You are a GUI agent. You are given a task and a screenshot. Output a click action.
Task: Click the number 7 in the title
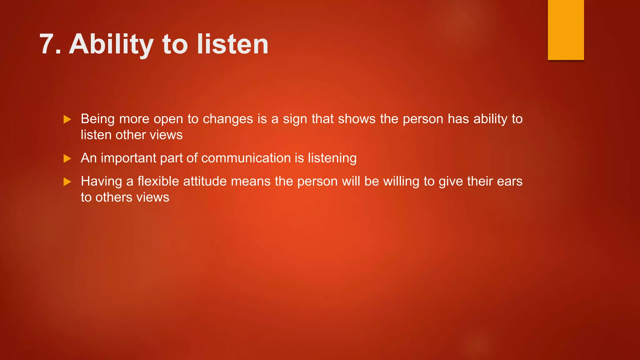tap(47, 44)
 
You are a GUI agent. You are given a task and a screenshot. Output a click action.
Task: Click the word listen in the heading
tap(232, 44)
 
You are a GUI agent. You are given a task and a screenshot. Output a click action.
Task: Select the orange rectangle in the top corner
tap(566, 30)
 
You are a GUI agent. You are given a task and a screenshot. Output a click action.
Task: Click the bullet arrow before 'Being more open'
tap(67, 119)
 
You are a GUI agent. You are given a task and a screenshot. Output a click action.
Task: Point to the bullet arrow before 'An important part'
tap(67, 158)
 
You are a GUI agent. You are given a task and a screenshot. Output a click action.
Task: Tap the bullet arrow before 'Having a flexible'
tap(67, 182)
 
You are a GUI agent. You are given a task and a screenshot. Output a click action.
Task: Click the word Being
tap(98, 119)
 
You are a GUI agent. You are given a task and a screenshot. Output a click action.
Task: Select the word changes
tap(228, 119)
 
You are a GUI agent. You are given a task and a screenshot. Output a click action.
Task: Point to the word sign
tap(295, 119)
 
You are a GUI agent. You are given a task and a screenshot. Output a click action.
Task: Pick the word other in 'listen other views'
tap(130, 135)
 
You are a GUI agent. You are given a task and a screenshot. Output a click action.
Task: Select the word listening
tap(332, 158)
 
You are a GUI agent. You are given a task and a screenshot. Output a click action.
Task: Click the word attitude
tap(205, 182)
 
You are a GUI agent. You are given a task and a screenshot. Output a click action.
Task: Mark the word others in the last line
tap(114, 197)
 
